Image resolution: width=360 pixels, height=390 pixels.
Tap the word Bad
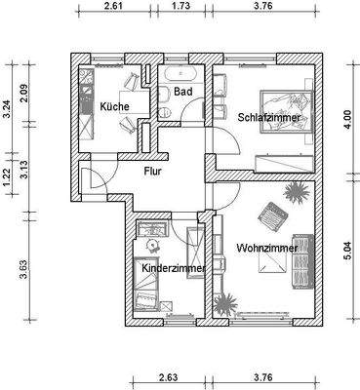[180, 92]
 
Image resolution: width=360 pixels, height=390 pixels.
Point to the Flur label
[153, 171]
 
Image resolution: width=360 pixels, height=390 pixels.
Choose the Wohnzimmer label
[260, 249]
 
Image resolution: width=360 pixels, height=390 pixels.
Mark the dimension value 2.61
[113, 6]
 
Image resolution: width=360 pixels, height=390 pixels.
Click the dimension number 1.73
[180, 6]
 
